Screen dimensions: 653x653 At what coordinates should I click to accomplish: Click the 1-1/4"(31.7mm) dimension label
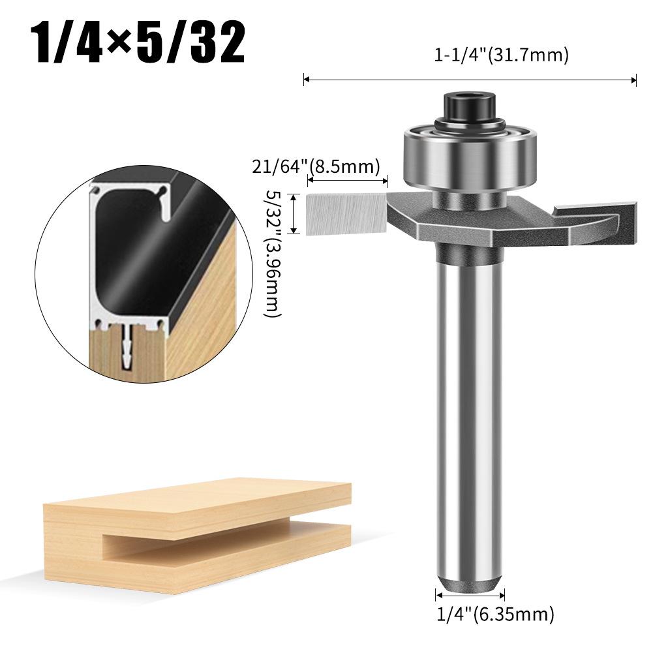click(x=502, y=55)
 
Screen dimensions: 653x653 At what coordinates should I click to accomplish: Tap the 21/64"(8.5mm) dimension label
click(x=315, y=167)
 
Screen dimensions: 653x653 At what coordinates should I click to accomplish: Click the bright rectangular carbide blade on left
click(x=346, y=213)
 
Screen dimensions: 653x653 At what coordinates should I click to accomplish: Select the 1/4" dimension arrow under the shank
click(x=469, y=596)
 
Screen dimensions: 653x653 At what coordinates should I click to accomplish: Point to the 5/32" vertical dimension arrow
click(x=295, y=213)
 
